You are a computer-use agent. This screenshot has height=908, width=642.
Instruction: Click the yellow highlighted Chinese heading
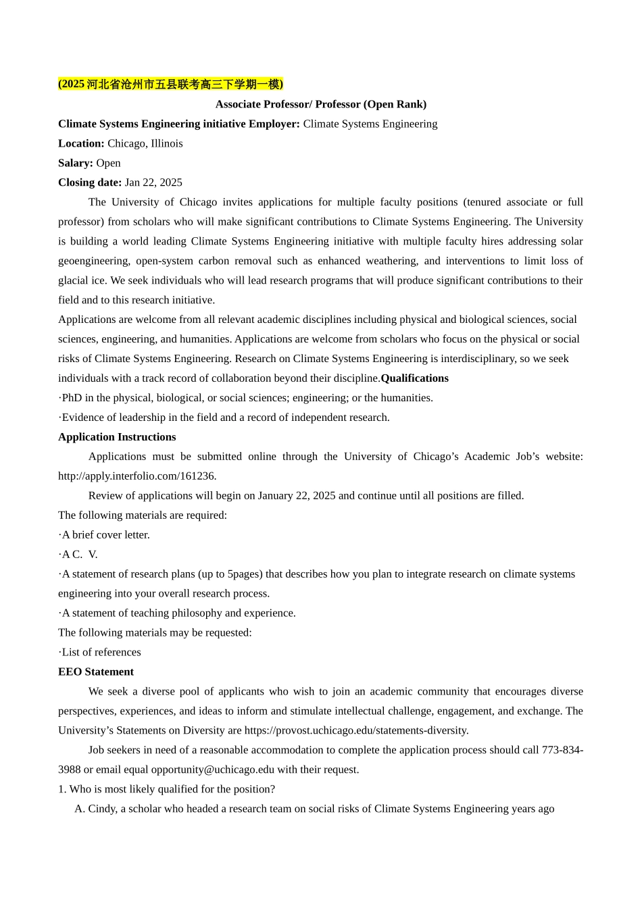[x=170, y=84]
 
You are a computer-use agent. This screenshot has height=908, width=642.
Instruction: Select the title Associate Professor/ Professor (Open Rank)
[x=320, y=104]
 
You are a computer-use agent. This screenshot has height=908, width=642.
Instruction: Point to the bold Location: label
[x=81, y=143]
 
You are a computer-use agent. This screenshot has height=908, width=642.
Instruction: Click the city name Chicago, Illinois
[x=145, y=143]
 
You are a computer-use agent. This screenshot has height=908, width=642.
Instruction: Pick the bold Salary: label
[x=76, y=163]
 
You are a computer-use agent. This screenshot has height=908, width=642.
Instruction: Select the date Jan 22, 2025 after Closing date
[x=153, y=182]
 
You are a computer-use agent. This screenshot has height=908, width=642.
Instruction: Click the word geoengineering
[x=93, y=261]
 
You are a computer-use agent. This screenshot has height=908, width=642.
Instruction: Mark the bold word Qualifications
[x=414, y=378]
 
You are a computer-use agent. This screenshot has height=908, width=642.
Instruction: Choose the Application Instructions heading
[x=117, y=437]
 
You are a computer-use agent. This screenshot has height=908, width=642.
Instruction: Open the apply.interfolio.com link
[x=137, y=476]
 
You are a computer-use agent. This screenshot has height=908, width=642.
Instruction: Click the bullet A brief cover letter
[x=105, y=535]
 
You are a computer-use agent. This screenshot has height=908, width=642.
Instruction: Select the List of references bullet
[x=101, y=653]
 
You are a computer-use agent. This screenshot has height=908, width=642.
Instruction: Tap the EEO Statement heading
[x=96, y=672]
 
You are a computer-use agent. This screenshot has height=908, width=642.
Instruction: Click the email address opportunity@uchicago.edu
[x=213, y=770]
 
